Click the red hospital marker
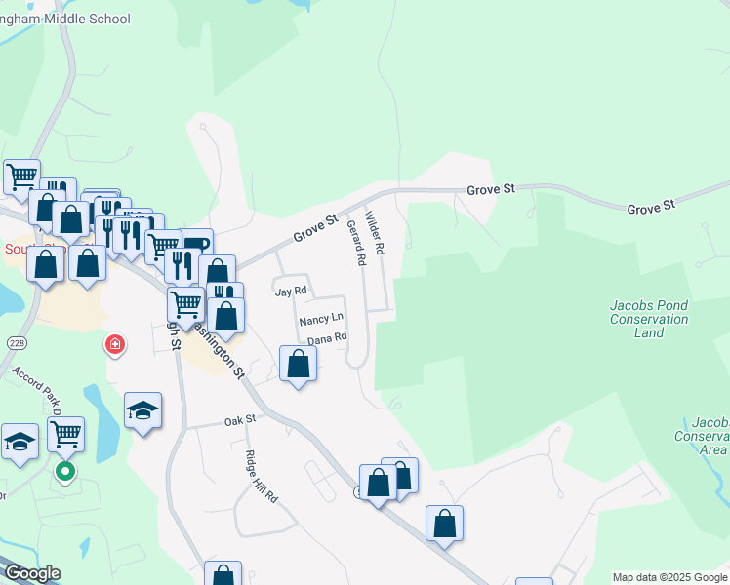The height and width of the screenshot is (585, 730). tap(115, 345)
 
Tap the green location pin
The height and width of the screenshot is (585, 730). tap(65, 473)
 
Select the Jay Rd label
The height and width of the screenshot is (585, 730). tap(291, 291)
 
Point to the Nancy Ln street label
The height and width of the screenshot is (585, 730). tap(321, 319)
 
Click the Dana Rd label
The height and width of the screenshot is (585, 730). tap(327, 338)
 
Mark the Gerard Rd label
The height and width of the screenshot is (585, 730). tap(356, 243)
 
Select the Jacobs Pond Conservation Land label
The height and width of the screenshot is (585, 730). tap(649, 319)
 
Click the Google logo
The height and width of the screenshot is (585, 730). tap(31, 573)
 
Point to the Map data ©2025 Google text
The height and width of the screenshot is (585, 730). tap(669, 577)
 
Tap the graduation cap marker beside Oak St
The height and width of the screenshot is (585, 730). tap(142, 410)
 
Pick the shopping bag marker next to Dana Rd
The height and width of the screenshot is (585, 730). tap(298, 364)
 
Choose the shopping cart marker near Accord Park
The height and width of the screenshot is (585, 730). tap(65, 435)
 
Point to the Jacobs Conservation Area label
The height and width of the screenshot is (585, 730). tap(710, 436)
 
